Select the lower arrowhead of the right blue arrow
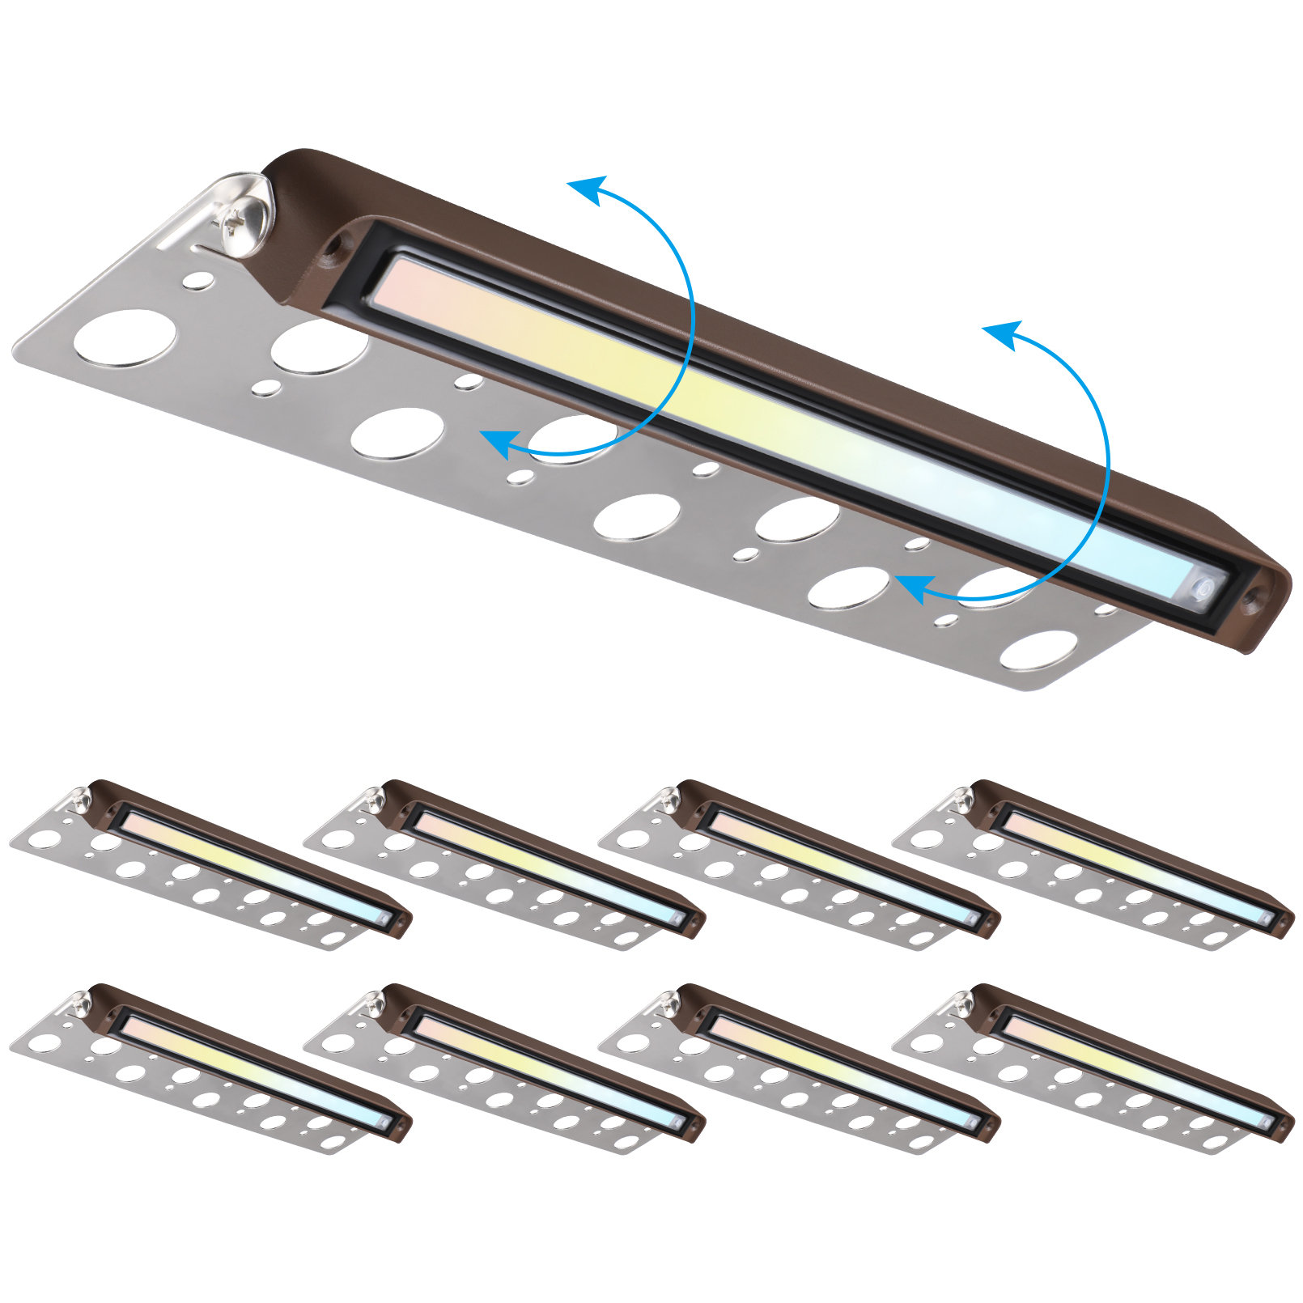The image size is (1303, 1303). [x=910, y=588]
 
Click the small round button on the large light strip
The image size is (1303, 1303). [x=1203, y=589]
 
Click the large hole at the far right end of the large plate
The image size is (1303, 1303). [x=1038, y=650]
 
